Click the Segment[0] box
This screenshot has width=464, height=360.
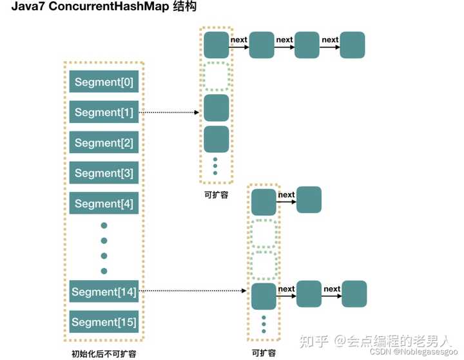pos(104,82)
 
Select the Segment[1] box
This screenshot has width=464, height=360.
pos(104,113)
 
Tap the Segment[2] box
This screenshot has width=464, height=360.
pos(104,143)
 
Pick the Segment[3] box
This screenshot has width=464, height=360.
pos(104,173)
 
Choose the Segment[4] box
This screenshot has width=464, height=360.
pos(104,204)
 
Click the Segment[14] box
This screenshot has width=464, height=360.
pos(104,292)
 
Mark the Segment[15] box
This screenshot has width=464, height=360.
pos(104,322)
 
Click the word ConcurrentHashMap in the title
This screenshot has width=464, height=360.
pos(106,8)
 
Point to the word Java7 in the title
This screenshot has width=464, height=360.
pos(28,8)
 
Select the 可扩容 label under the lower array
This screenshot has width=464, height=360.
pos(264,352)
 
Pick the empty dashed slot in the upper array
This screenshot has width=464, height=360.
pos(217,77)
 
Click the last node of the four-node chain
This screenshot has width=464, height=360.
pos(353,45)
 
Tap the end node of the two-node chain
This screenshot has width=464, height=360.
pos(309,200)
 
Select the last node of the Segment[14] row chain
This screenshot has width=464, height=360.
pos(354,294)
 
